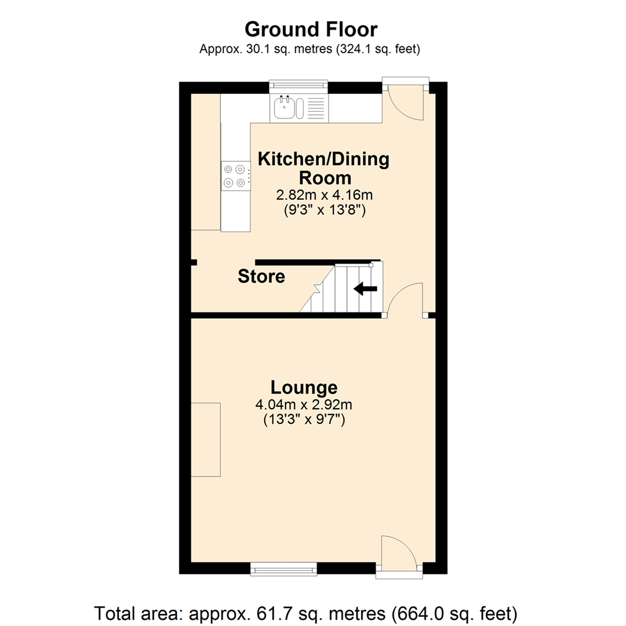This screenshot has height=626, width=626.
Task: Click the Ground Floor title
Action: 311,30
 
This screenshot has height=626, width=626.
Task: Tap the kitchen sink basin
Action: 285,107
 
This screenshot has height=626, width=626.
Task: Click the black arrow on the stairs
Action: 365,288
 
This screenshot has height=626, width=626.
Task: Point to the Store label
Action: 261,276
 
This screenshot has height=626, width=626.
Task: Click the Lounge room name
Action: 304,387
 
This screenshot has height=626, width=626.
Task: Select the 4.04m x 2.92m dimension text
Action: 304,405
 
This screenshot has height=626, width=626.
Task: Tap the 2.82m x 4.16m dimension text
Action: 325,195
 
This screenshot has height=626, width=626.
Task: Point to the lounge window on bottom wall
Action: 283,569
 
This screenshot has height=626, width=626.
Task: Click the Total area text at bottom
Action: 305,613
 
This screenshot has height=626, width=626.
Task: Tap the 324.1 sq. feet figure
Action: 378,49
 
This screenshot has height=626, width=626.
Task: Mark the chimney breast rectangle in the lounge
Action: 206,439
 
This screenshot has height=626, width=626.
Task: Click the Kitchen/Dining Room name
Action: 324,168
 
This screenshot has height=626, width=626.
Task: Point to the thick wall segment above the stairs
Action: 318,263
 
